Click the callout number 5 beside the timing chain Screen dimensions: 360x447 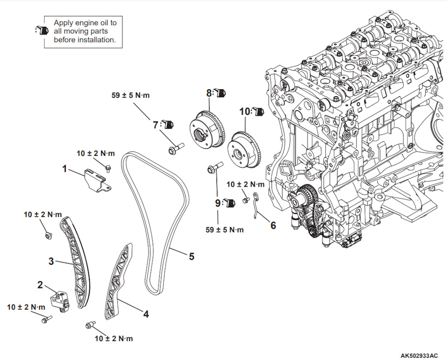coord(191,256)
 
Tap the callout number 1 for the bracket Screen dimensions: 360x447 coord(65,168)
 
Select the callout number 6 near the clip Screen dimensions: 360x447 coord(273,225)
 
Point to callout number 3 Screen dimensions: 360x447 coord(51,261)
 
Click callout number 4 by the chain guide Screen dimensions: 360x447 coord(146,314)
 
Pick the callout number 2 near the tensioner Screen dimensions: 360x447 coord(41,284)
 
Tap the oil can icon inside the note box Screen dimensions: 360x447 coord(42,31)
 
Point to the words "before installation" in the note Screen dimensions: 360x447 coord(84,40)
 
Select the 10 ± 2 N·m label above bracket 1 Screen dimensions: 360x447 coord(95,153)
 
